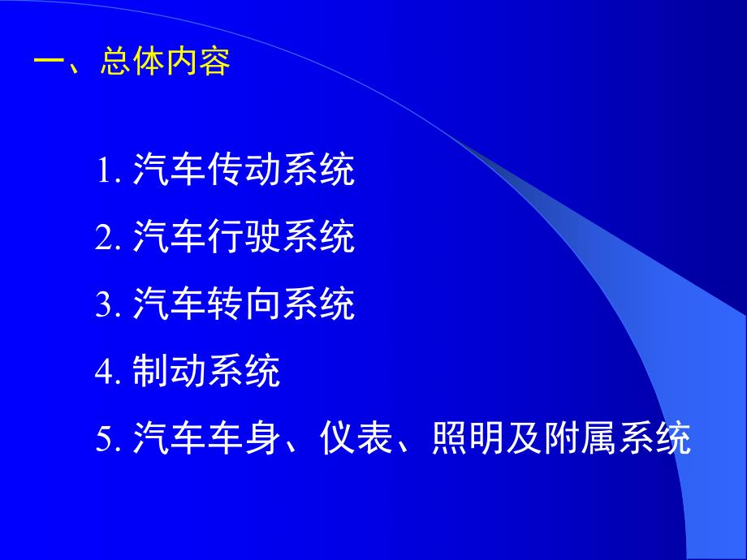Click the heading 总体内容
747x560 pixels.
point(166,62)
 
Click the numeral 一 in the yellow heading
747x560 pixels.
point(50,62)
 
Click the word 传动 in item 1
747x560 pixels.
point(243,171)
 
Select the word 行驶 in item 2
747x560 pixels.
point(243,238)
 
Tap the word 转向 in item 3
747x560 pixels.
point(243,305)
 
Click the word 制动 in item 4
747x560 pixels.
point(168,372)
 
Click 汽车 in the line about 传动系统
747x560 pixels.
point(168,171)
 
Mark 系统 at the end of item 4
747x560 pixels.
point(243,372)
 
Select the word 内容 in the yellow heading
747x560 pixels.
point(198,62)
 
